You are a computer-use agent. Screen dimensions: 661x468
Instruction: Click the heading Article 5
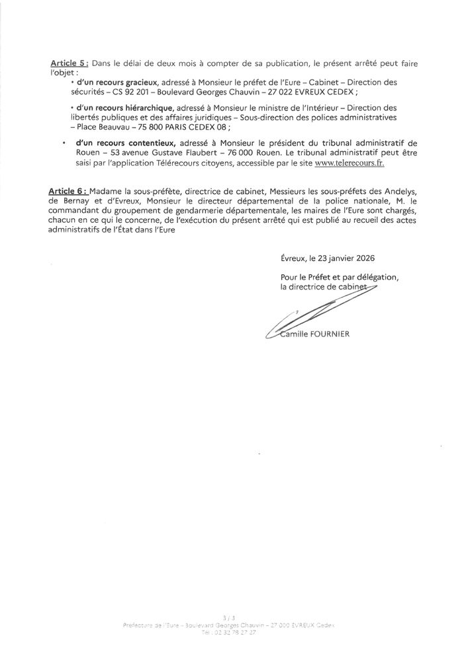pos(70,63)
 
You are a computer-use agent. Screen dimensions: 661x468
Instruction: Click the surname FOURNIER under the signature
pos(326,334)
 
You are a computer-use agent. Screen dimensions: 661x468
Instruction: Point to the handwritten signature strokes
pos(311,311)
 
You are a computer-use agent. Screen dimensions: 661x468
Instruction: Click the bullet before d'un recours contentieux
pos(64,143)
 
